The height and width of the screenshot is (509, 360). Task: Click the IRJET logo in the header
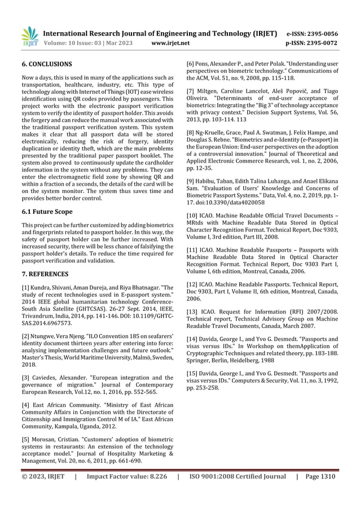coord(29,37)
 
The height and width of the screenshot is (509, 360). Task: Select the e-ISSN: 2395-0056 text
coord(312,33)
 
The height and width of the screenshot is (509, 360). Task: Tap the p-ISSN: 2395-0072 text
coord(312,43)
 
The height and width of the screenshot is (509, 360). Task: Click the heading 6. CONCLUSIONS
coord(46,64)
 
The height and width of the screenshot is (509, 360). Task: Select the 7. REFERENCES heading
coord(45,274)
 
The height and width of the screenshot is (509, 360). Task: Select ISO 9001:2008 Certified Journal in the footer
coord(238,476)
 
